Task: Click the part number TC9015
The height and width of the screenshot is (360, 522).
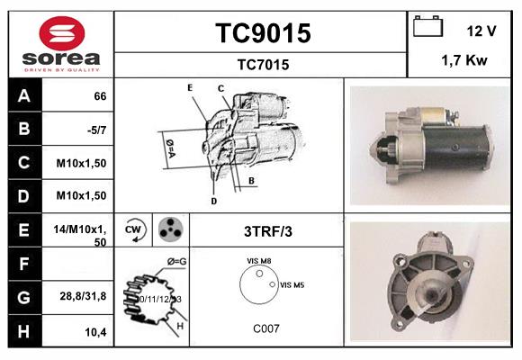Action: point(262,33)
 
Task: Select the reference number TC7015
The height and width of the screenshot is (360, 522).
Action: point(262,64)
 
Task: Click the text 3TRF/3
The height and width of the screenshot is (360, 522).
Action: point(267,231)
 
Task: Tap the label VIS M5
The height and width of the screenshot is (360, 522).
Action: point(293,284)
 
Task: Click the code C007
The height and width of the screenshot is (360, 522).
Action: point(265,328)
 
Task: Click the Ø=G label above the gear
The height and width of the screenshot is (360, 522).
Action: point(176,262)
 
